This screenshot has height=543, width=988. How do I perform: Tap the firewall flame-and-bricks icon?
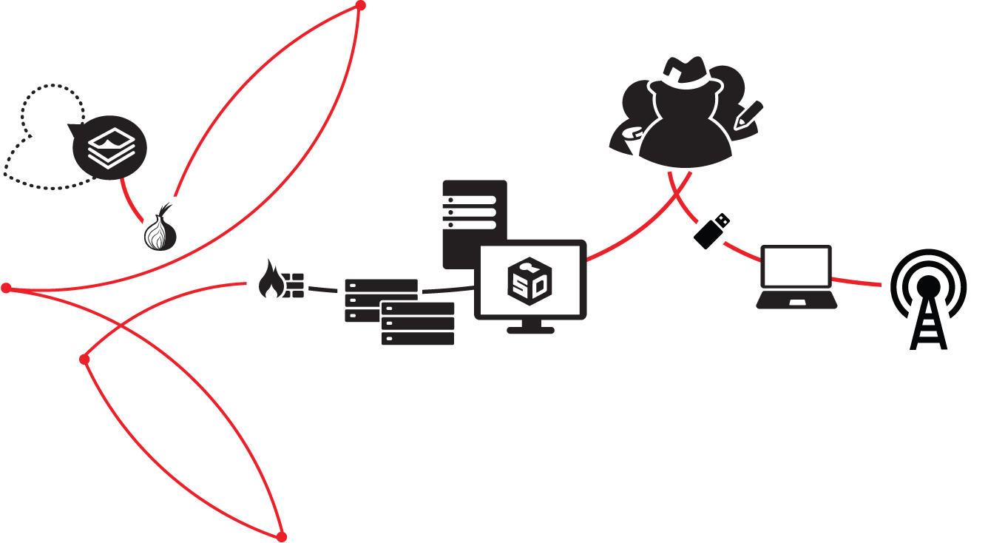281,280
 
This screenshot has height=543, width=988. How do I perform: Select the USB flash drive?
712,231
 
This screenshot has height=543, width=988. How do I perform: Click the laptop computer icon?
796,277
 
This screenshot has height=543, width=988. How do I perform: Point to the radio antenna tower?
928,300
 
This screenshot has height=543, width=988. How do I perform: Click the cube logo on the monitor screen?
529,280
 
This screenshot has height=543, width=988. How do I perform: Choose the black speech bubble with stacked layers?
109,147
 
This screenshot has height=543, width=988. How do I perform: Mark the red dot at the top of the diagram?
360,6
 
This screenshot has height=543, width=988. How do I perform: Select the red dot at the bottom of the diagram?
281,536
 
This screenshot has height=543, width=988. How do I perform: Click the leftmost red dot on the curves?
7,288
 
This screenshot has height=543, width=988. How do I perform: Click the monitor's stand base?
530,328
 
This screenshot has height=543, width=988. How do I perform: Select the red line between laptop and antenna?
858,282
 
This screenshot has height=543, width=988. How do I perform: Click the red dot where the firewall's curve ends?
84,360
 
